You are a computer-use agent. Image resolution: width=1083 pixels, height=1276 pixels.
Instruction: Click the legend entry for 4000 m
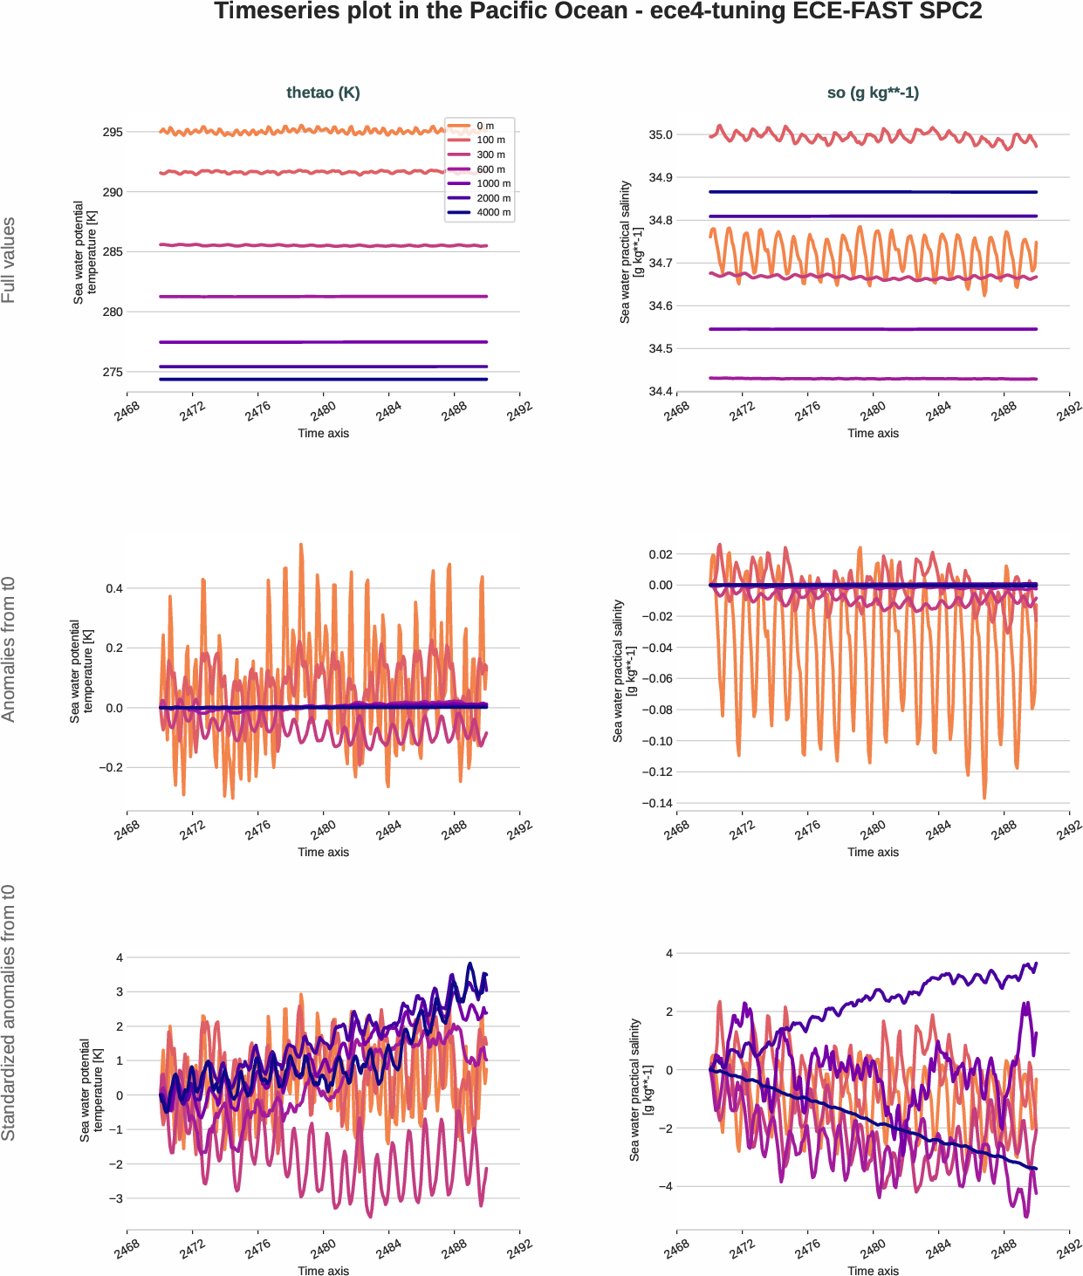(493, 212)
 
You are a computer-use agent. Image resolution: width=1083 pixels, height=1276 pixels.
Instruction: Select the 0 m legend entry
(485, 126)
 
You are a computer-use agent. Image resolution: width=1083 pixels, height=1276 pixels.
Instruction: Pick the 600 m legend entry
(490, 169)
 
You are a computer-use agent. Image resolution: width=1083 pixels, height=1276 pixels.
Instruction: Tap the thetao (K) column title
(323, 93)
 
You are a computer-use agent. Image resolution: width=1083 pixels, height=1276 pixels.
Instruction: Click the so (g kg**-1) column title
(873, 93)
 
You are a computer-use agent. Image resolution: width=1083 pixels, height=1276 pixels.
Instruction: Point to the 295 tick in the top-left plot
(113, 133)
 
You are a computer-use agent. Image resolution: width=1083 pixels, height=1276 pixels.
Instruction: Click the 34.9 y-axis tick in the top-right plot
(661, 177)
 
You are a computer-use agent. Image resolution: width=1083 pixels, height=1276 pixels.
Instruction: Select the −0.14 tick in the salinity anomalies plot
(656, 803)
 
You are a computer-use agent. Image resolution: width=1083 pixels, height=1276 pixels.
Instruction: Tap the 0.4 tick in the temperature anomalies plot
(114, 588)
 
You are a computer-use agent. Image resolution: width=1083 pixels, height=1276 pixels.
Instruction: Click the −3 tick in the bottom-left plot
(114, 1198)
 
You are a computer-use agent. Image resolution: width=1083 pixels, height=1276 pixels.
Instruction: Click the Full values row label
(9, 260)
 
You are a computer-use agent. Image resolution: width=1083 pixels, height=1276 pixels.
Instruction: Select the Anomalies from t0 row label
(9, 649)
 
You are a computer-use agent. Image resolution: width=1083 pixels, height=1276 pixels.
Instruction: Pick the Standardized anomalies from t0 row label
(9, 1012)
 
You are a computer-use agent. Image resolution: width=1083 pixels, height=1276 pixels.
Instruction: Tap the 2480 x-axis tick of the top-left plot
(322, 411)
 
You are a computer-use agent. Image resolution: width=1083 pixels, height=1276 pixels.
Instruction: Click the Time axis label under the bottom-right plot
(873, 1270)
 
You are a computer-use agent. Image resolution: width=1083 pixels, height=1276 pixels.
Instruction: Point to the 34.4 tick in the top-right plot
(661, 391)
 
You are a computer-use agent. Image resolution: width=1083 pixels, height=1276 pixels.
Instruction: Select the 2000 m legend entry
(493, 198)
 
